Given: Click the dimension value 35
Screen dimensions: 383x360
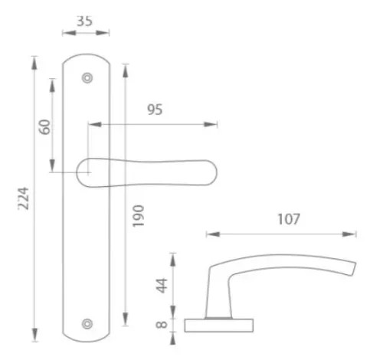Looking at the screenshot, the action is point(84,21).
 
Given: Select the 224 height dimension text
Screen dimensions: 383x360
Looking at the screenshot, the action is point(24,198).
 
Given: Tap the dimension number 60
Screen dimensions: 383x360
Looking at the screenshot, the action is point(45,127).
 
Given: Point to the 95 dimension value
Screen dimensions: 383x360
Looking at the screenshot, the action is point(155,110).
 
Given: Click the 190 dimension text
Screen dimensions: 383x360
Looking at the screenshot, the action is point(139,216).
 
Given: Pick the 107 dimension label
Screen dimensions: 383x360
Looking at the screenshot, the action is point(289,219).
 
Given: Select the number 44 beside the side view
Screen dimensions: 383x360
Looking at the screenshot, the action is point(162,286).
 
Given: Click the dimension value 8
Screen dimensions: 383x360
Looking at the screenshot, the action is point(162,325).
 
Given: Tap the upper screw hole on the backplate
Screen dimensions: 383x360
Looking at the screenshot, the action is point(87,78).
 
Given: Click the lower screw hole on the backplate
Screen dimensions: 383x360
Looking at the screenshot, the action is point(87,324).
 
